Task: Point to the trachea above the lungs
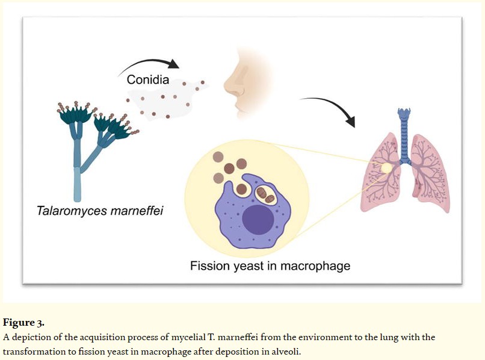404,135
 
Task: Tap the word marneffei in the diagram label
137,211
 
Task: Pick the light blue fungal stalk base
77,184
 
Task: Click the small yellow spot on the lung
386,168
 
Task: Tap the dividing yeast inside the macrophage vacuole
265,194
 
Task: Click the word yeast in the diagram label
257,265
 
